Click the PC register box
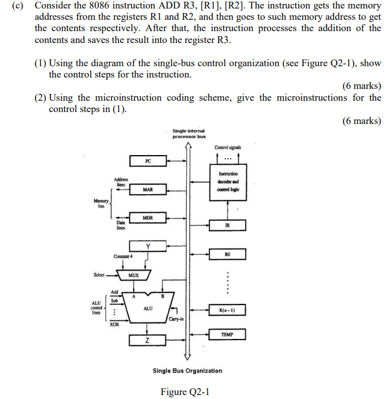click(x=147, y=161)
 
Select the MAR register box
click(x=147, y=189)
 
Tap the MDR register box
click(x=147, y=217)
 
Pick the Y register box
click(x=148, y=246)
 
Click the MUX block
click(x=134, y=275)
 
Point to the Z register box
click(x=147, y=340)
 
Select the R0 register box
click(x=227, y=255)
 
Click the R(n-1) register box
click(x=227, y=310)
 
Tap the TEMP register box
click(x=227, y=334)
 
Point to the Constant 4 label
click(x=123, y=256)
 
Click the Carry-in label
click(x=176, y=320)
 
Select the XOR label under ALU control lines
click(x=114, y=325)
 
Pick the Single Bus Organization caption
click(x=187, y=371)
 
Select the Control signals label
click(x=227, y=147)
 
